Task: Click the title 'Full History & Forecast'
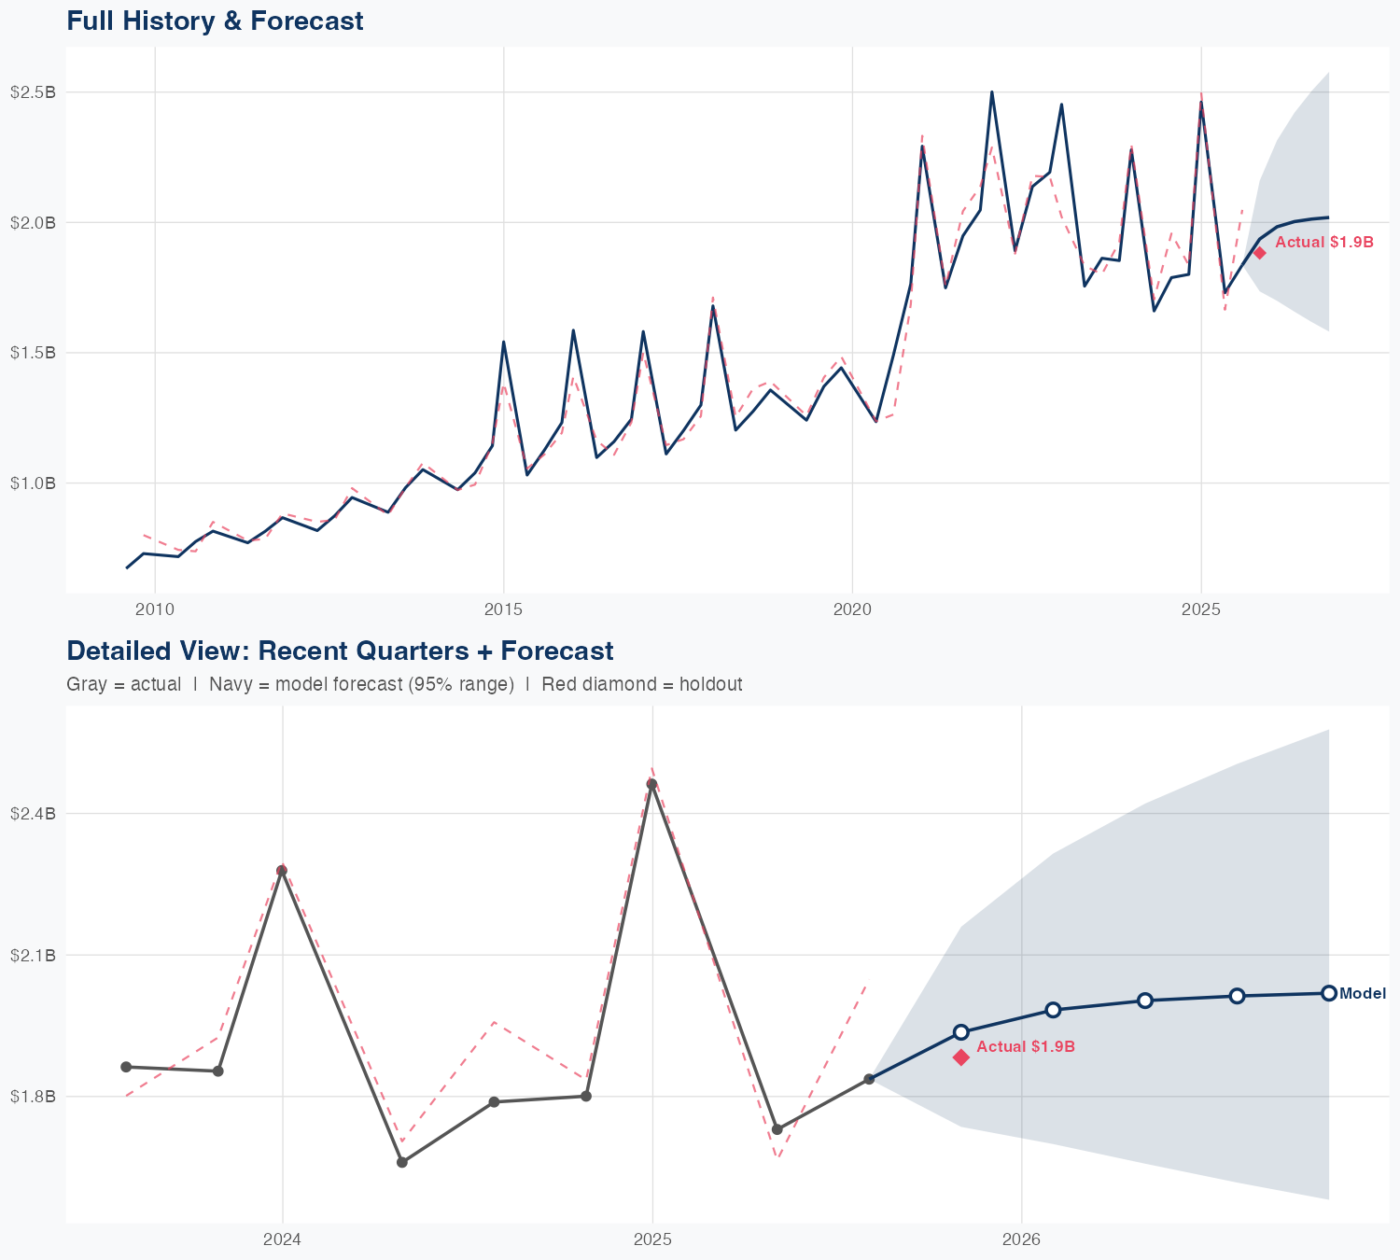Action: click(x=215, y=21)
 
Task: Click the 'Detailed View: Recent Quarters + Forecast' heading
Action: click(x=340, y=651)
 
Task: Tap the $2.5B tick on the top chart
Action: click(x=33, y=92)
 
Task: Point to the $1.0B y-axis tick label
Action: click(x=33, y=483)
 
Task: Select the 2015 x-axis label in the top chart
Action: click(x=503, y=610)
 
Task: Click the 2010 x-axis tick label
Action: click(x=155, y=610)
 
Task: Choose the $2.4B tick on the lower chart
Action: click(x=33, y=814)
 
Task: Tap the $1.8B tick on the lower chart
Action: click(x=33, y=1097)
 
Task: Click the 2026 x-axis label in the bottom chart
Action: click(x=1021, y=1240)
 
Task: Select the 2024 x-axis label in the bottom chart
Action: click(x=282, y=1240)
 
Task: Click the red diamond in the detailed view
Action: click(x=961, y=1057)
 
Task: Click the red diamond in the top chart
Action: click(x=1259, y=253)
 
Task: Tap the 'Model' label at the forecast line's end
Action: click(x=1362, y=994)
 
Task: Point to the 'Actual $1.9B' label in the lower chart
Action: click(x=1026, y=1047)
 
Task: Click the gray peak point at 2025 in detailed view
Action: click(x=652, y=784)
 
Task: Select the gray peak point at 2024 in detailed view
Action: click(x=281, y=871)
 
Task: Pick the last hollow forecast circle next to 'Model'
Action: click(x=1329, y=993)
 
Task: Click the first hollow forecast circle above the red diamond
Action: click(x=961, y=1032)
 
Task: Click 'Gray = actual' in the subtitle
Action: click(x=123, y=684)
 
